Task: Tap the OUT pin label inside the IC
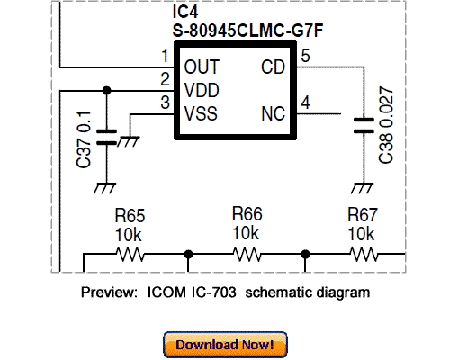coord(201,67)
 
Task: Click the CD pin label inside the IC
coord(274,67)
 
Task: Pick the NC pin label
coord(274,113)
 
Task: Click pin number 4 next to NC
coord(306,103)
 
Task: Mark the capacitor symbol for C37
coord(107,138)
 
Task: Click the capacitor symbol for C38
coord(364,125)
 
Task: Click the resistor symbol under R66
coord(247,255)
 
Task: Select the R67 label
coord(363,216)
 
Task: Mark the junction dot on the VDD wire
coord(107,90)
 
